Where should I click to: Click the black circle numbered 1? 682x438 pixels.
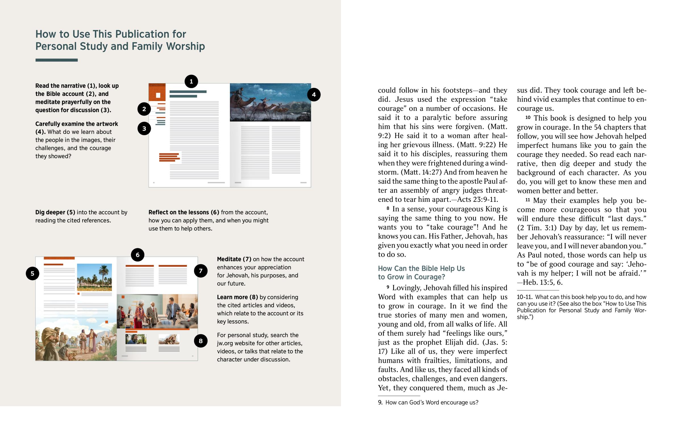tap(191, 82)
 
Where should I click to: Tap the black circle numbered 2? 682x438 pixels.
tap(144, 109)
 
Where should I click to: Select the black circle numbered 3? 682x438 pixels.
tap(144, 129)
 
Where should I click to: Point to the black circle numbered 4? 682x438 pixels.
tap(314, 95)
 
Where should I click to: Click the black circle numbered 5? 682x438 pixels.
tap(32, 273)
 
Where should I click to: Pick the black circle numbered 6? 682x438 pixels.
tap(138, 255)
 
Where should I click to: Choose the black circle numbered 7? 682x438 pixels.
tap(201, 271)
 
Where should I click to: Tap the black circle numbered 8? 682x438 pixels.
tap(201, 341)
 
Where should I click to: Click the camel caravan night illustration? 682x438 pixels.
tap(270, 102)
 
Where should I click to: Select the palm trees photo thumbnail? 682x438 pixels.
tap(94, 277)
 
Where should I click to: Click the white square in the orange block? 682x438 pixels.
tap(158, 95)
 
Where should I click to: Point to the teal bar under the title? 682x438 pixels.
tap(56, 60)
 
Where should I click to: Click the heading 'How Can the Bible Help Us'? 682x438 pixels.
tap(421, 268)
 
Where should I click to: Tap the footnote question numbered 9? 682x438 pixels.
tap(428, 403)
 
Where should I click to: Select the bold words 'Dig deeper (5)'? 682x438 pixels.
tap(55, 212)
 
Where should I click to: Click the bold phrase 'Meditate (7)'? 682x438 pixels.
tap(234, 259)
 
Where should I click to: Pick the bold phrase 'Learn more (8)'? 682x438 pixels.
tap(237, 297)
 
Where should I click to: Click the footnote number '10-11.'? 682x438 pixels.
tap(524, 297)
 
